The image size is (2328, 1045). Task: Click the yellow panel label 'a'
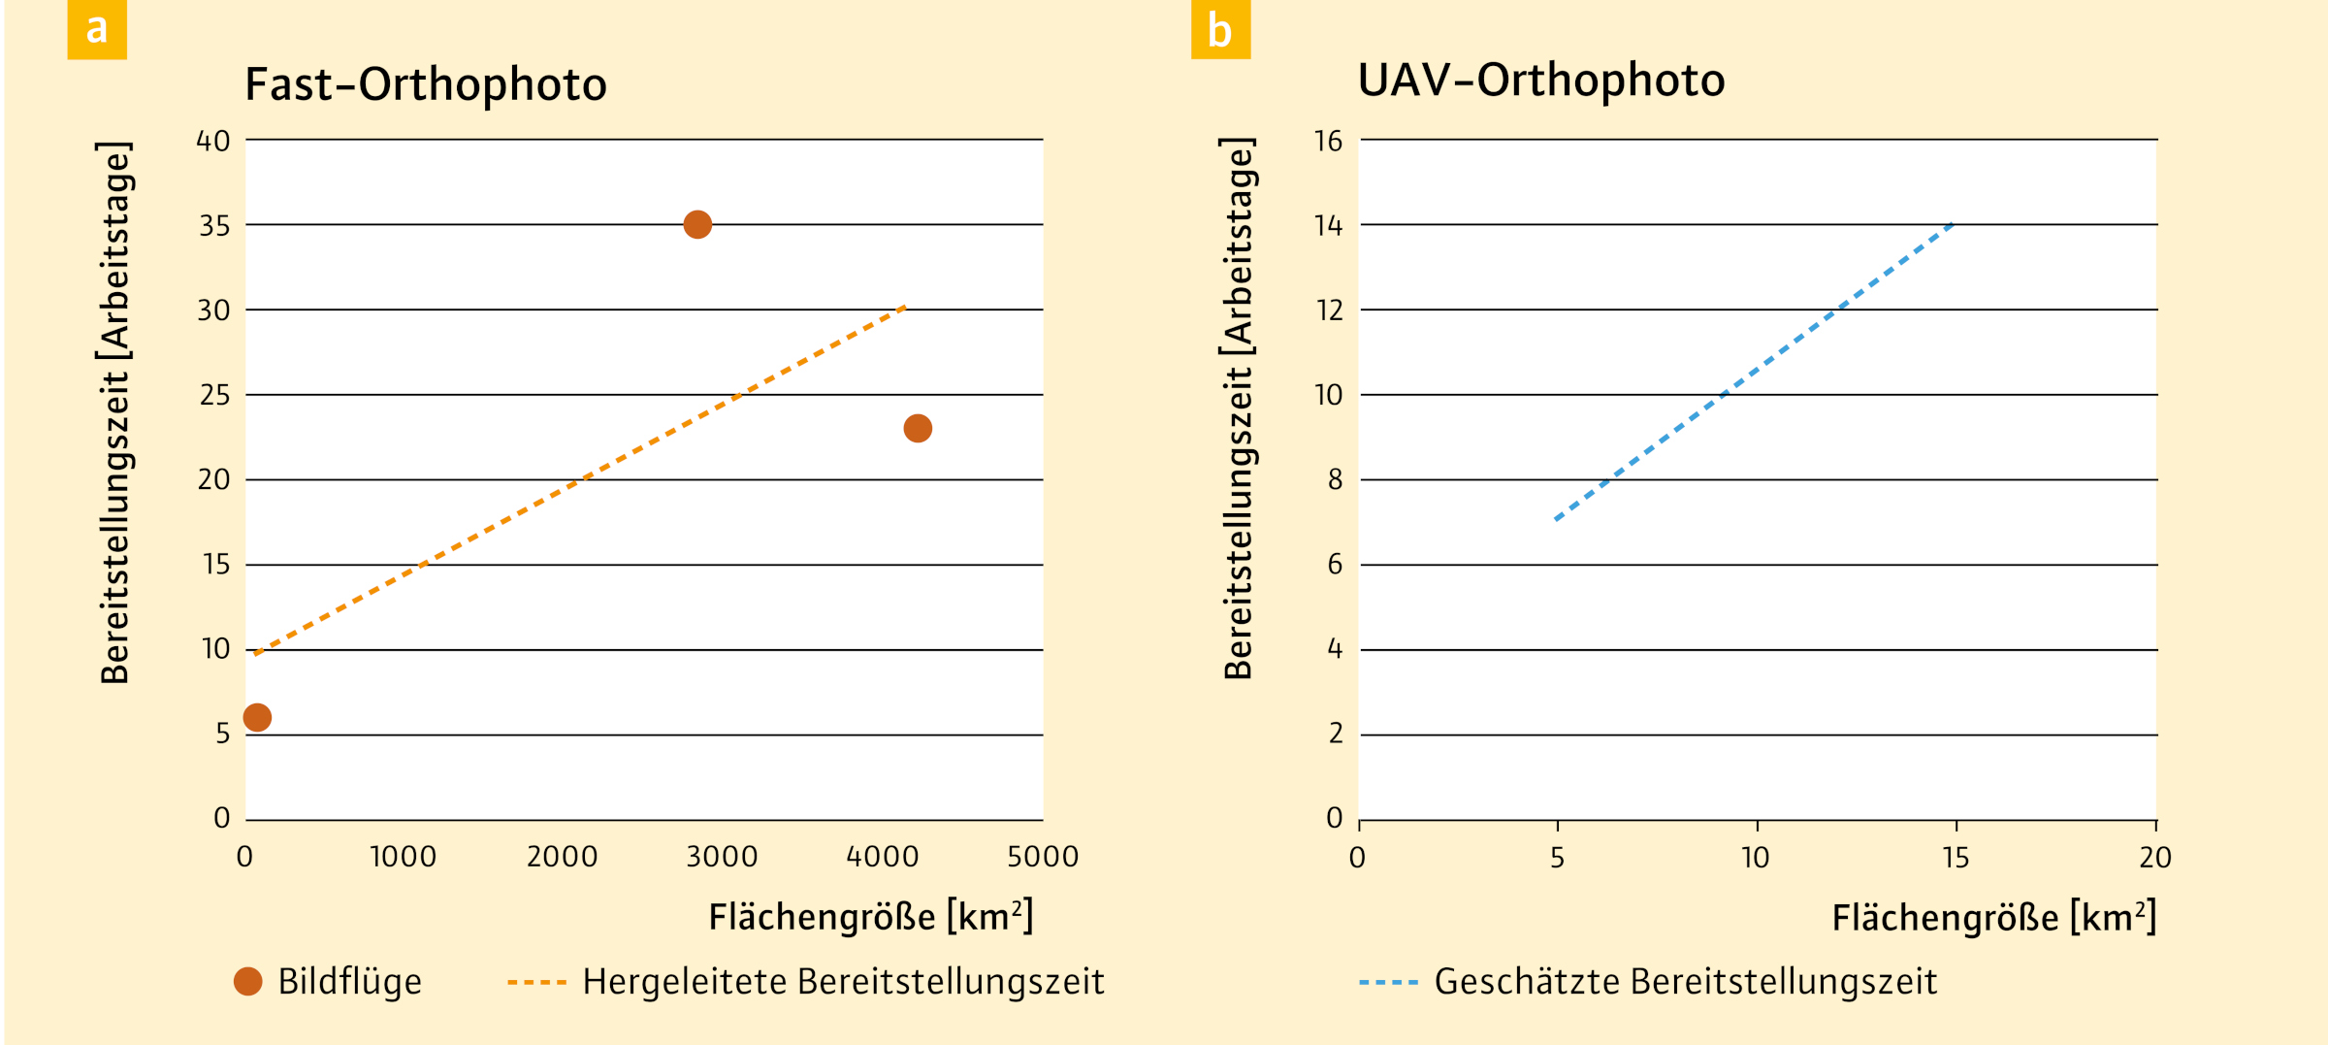pyautogui.click(x=96, y=29)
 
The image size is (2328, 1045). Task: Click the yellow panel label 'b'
pyautogui.click(x=1219, y=30)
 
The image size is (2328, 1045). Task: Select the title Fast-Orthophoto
pyautogui.click(x=426, y=84)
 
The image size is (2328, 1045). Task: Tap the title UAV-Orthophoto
pyautogui.click(x=1540, y=80)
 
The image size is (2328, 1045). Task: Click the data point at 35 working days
pyautogui.click(x=697, y=225)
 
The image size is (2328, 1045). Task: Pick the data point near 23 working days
pyautogui.click(x=918, y=428)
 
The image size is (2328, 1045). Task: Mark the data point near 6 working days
pyautogui.click(x=257, y=717)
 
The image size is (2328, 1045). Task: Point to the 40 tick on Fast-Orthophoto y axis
pyautogui.click(x=213, y=142)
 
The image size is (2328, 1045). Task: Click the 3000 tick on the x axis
pyautogui.click(x=722, y=857)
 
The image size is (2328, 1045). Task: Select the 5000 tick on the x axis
pyautogui.click(x=1043, y=857)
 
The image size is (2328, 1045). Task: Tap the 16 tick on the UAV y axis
pyautogui.click(x=1328, y=142)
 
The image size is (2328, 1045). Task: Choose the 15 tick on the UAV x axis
pyautogui.click(x=1956, y=858)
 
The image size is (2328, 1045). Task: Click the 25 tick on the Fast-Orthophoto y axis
pyautogui.click(x=214, y=396)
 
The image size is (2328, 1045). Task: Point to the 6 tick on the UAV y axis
pyautogui.click(x=1335, y=565)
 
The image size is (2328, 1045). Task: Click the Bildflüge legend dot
pyautogui.click(x=248, y=981)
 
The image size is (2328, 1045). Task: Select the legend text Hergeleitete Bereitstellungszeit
pyautogui.click(x=843, y=982)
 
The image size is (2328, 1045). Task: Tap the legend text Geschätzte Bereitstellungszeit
pyautogui.click(x=1685, y=982)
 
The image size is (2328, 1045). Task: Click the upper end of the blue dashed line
pyautogui.click(x=1952, y=225)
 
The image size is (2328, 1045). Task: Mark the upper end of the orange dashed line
pyautogui.click(x=904, y=307)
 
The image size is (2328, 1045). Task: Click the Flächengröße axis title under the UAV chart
pyautogui.click(x=1993, y=917)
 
